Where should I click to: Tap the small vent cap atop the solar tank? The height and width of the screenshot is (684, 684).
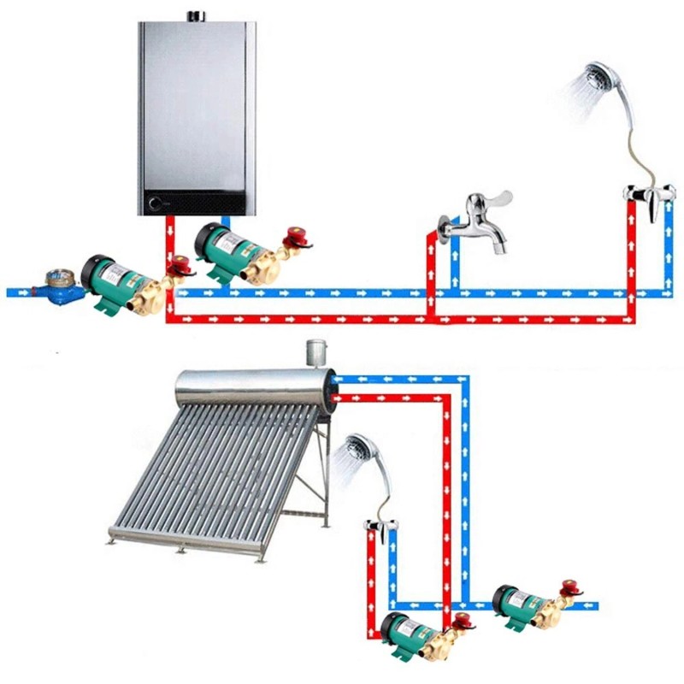pyautogui.click(x=315, y=351)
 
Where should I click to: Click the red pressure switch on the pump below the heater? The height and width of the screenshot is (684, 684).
pyautogui.click(x=296, y=235)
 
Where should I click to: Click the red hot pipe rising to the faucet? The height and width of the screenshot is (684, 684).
pyautogui.click(x=430, y=274)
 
